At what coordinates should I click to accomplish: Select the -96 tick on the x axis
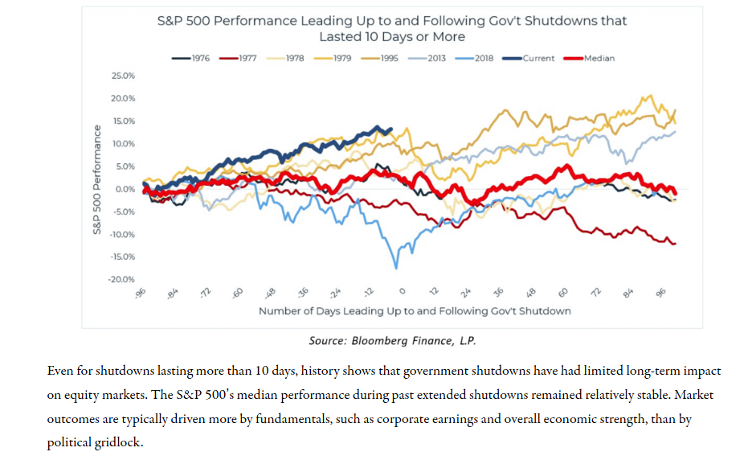pyautogui.click(x=141, y=294)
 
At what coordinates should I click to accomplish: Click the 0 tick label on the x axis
pyautogui.click(x=403, y=293)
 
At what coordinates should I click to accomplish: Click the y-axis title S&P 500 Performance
pyautogui.click(x=96, y=179)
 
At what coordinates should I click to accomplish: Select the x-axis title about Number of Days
pyautogui.click(x=414, y=310)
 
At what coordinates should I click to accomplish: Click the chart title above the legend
pyautogui.click(x=392, y=28)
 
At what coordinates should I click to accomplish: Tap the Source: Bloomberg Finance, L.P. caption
pyautogui.click(x=392, y=341)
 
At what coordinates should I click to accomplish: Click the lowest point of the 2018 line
pyautogui.click(x=396, y=267)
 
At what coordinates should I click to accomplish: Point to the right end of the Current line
pyautogui.click(x=390, y=129)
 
